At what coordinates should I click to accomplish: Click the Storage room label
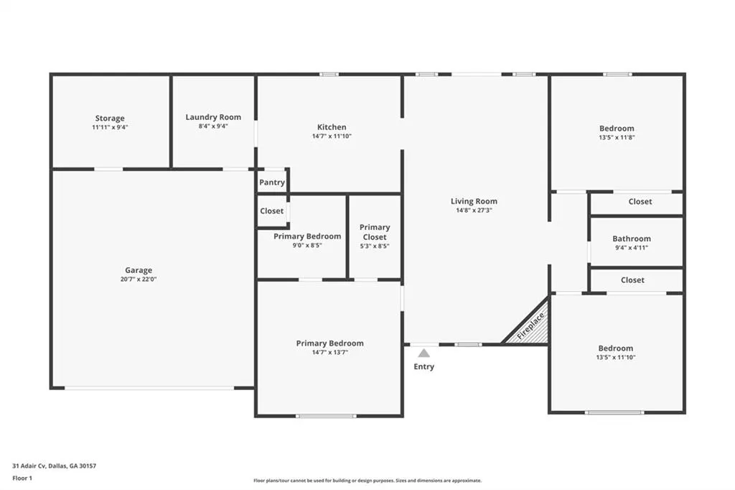pos(110,119)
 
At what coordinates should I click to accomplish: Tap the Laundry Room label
pos(213,117)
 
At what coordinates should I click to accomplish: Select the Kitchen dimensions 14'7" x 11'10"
pos(332,136)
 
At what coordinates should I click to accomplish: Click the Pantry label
pos(272,182)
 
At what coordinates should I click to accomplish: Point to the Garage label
pos(139,270)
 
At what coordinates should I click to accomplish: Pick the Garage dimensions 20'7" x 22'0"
pos(139,279)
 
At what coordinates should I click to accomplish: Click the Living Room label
pos(474,201)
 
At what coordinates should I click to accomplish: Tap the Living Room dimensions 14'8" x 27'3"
pos(474,211)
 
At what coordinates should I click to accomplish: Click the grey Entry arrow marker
pos(423,353)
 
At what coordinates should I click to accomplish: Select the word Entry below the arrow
pos(423,366)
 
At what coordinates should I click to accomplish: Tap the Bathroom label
pos(632,239)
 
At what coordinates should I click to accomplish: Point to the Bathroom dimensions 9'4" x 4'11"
pos(632,248)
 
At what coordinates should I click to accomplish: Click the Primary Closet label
pos(375,232)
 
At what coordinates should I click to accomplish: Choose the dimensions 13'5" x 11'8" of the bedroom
pos(617,137)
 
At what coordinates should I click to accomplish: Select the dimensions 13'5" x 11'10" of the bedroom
pos(616,357)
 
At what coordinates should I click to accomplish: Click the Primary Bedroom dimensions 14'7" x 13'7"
pos(330,353)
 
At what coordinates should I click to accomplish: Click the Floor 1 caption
pos(22,479)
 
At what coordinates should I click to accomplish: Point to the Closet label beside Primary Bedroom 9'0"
pos(272,211)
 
